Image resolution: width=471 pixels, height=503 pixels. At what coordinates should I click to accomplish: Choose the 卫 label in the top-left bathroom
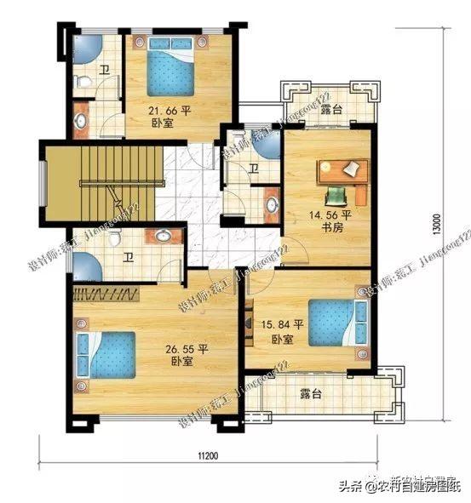tap(103, 71)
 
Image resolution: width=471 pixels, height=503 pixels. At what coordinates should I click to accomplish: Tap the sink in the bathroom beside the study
tap(272, 203)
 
